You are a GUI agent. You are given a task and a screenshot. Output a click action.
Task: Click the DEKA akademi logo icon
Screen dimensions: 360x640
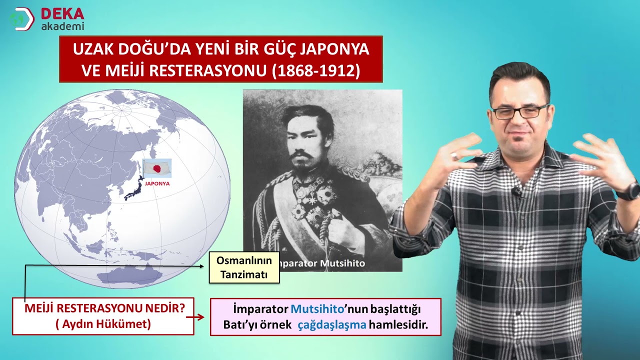pyautogui.click(x=21, y=19)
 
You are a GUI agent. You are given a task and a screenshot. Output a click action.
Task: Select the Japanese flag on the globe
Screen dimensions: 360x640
pyautogui.click(x=157, y=168)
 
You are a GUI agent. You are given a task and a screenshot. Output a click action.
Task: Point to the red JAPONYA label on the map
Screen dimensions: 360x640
pyautogui.click(x=157, y=183)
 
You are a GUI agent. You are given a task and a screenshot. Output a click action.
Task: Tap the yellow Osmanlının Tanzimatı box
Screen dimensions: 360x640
pyautogui.click(x=244, y=268)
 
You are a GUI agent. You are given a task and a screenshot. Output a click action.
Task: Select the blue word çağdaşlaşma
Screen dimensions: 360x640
pyautogui.click(x=332, y=325)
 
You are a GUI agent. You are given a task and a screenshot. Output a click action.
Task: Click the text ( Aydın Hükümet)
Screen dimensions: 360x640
pyautogui.click(x=103, y=324)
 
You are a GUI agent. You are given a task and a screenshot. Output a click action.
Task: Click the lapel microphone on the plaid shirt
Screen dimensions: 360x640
pyautogui.click(x=516, y=191)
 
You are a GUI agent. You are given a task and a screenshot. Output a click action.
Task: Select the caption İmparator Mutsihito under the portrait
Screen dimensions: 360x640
pyautogui.click(x=321, y=263)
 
